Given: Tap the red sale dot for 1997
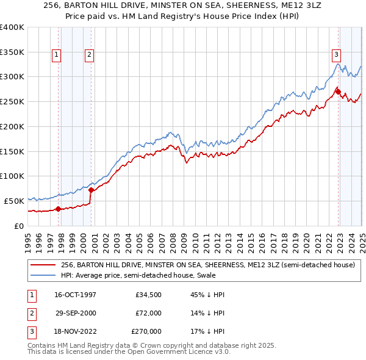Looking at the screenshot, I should tap(59, 209).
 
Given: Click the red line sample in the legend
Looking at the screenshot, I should tap(43, 265).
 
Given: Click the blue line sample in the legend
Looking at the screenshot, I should tap(43, 276).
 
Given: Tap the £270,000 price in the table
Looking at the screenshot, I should tap(146, 331).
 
